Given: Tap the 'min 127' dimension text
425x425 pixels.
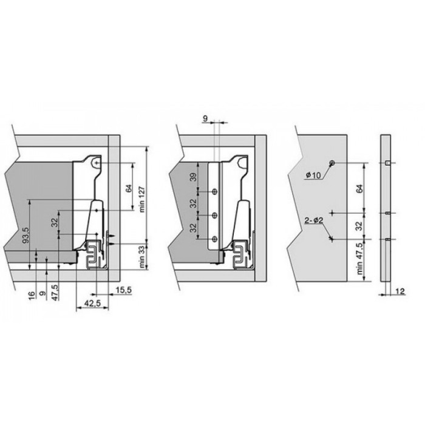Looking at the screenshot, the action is point(142,199).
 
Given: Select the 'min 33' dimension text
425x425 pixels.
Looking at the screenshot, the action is point(142,257).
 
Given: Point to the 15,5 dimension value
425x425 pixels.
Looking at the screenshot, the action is point(124,290).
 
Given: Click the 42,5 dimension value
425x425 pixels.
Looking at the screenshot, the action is point(92,304).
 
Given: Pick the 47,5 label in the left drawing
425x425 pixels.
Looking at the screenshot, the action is point(55,292).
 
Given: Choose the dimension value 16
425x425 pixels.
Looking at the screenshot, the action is point(32,295).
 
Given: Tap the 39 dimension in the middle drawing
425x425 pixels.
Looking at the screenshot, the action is point(193,177).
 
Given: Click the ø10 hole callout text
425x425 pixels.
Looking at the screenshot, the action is point(313,175).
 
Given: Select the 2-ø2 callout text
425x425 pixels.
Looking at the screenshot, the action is point(314,220).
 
